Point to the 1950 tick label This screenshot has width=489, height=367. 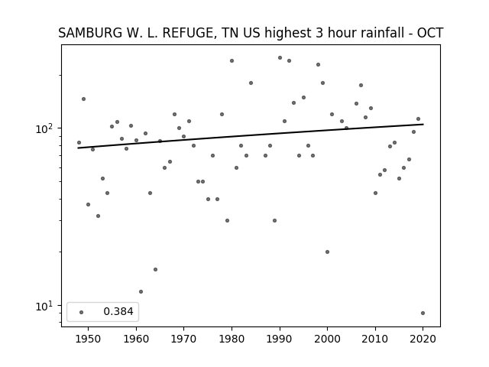coord(89,339)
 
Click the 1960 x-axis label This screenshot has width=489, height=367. coord(136,339)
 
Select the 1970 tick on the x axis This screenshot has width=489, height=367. coord(183,339)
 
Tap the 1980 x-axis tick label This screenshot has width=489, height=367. coord(232,339)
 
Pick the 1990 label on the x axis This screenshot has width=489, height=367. coord(280,339)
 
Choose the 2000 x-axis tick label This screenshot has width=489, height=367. coord(327,339)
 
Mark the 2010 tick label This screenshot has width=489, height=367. coord(375,339)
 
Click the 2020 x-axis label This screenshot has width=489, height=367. coord(423,339)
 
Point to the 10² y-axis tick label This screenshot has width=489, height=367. coord(46,128)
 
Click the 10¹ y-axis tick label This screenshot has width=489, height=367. coord(46,306)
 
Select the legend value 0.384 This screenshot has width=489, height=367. coord(118,311)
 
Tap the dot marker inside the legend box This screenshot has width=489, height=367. coord(82,312)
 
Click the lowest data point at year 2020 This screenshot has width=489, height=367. coord(423,313)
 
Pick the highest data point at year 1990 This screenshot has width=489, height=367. coord(280,58)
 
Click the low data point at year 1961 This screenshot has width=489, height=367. coord(141,292)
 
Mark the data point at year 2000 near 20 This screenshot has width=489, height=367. coord(327,252)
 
